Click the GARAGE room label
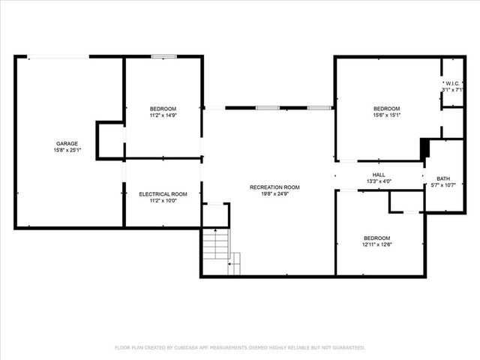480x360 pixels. point(67,143)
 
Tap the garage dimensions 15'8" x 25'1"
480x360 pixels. point(67,150)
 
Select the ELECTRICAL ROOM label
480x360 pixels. point(163,194)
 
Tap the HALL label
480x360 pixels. point(379,174)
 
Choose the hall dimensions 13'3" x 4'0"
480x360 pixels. point(379,181)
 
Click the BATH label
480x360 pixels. point(443,178)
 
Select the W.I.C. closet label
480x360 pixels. point(452,82)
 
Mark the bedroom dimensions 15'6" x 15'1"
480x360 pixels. point(387,115)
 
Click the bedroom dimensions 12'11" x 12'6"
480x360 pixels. point(377,243)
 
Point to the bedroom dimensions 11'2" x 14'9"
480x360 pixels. point(163,115)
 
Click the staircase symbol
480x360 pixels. point(215,244)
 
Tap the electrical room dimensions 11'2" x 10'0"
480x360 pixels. point(163,201)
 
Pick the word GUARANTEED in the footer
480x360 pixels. point(346,348)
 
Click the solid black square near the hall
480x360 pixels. point(424,148)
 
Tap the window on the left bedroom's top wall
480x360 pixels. point(163,56)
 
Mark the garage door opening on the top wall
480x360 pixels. point(58,56)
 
